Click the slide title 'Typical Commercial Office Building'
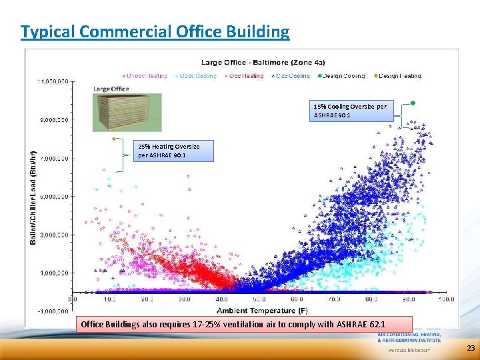[x=155, y=31]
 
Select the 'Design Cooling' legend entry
[x=344, y=76]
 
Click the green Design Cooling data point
[x=413, y=103]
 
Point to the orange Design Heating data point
[x=114, y=139]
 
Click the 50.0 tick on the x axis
[x=257, y=300]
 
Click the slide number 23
[x=471, y=348]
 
